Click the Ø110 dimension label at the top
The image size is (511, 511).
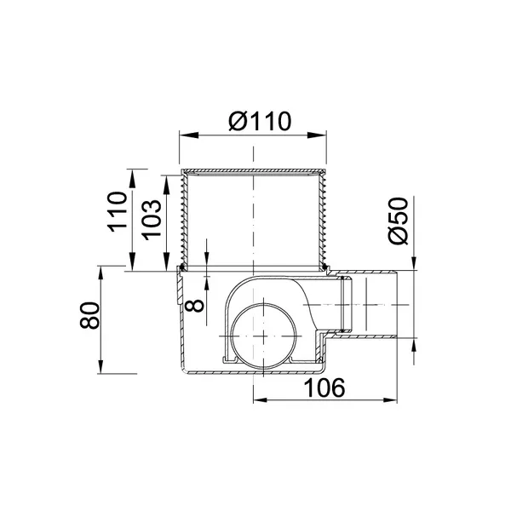tap(260, 121)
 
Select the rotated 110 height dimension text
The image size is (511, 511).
tap(118, 212)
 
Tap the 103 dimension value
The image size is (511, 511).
tap(152, 220)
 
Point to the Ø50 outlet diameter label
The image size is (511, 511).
tap(399, 221)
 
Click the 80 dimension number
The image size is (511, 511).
tap(89, 315)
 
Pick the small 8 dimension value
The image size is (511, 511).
tap(194, 307)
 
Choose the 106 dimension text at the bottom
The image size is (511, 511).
tap(324, 388)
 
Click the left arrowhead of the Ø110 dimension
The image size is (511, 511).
tap(189, 135)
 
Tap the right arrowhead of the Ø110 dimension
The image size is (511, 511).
tap(317, 135)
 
